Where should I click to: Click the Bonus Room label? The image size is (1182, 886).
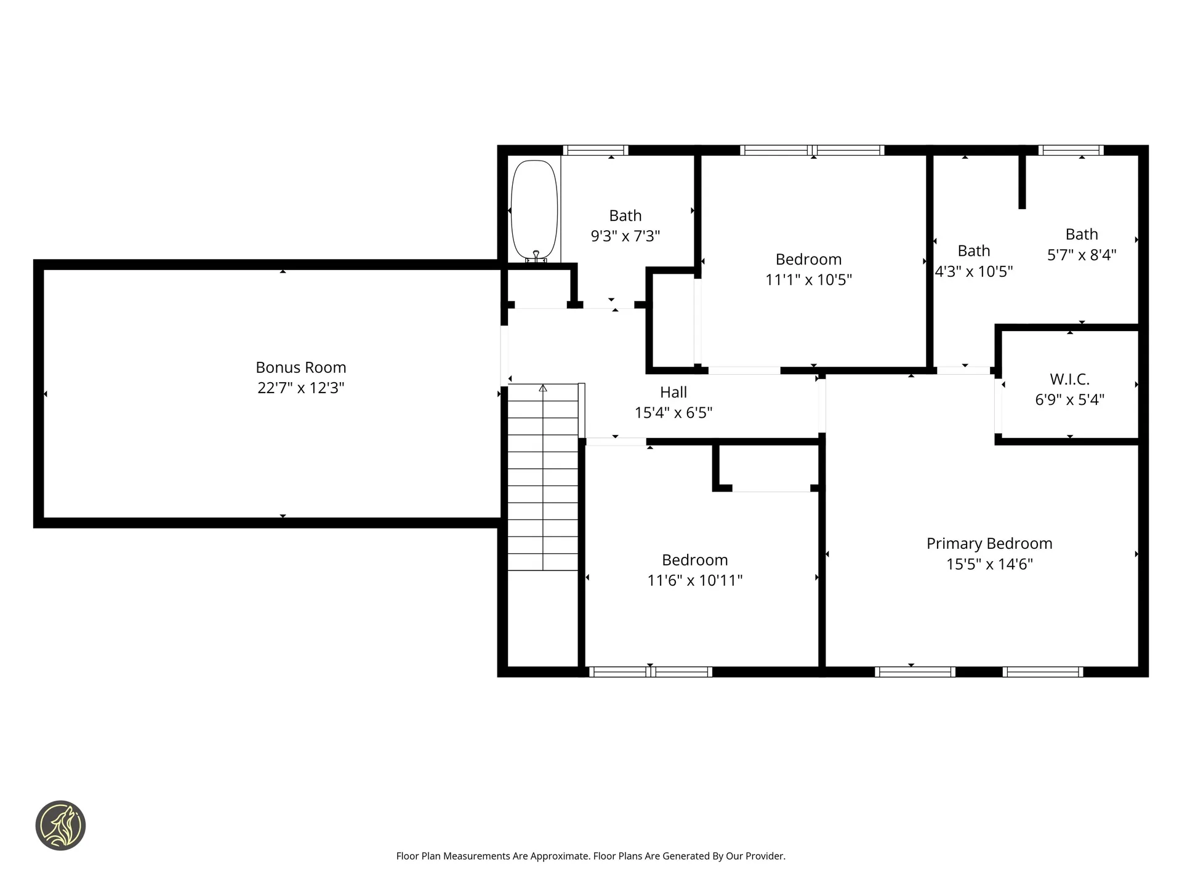pyautogui.click(x=301, y=367)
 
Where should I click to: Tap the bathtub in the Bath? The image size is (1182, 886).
pyautogui.click(x=534, y=210)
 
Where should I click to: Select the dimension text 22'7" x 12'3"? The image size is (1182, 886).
pyautogui.click(x=301, y=388)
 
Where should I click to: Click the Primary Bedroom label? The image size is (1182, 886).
pyautogui.click(x=989, y=544)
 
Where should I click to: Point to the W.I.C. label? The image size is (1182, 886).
pyautogui.click(x=1070, y=379)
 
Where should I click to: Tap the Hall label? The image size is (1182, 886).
pyautogui.click(x=673, y=392)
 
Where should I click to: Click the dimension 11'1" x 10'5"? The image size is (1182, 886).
pyautogui.click(x=808, y=280)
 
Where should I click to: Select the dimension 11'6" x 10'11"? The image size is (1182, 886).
pyautogui.click(x=695, y=580)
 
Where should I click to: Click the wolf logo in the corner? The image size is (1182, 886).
pyautogui.click(x=60, y=826)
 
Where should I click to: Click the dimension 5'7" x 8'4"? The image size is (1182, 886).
pyautogui.click(x=1082, y=255)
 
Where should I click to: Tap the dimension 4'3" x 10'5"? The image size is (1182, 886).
pyautogui.click(x=974, y=271)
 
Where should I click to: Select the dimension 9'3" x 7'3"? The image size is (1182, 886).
pyautogui.click(x=625, y=236)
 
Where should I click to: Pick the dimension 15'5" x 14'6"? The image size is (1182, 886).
pyautogui.click(x=989, y=564)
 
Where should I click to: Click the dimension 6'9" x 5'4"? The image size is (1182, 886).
pyautogui.click(x=1070, y=400)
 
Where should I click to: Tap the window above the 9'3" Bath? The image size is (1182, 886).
pyautogui.click(x=595, y=150)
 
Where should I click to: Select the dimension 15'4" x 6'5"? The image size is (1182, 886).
pyautogui.click(x=673, y=413)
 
